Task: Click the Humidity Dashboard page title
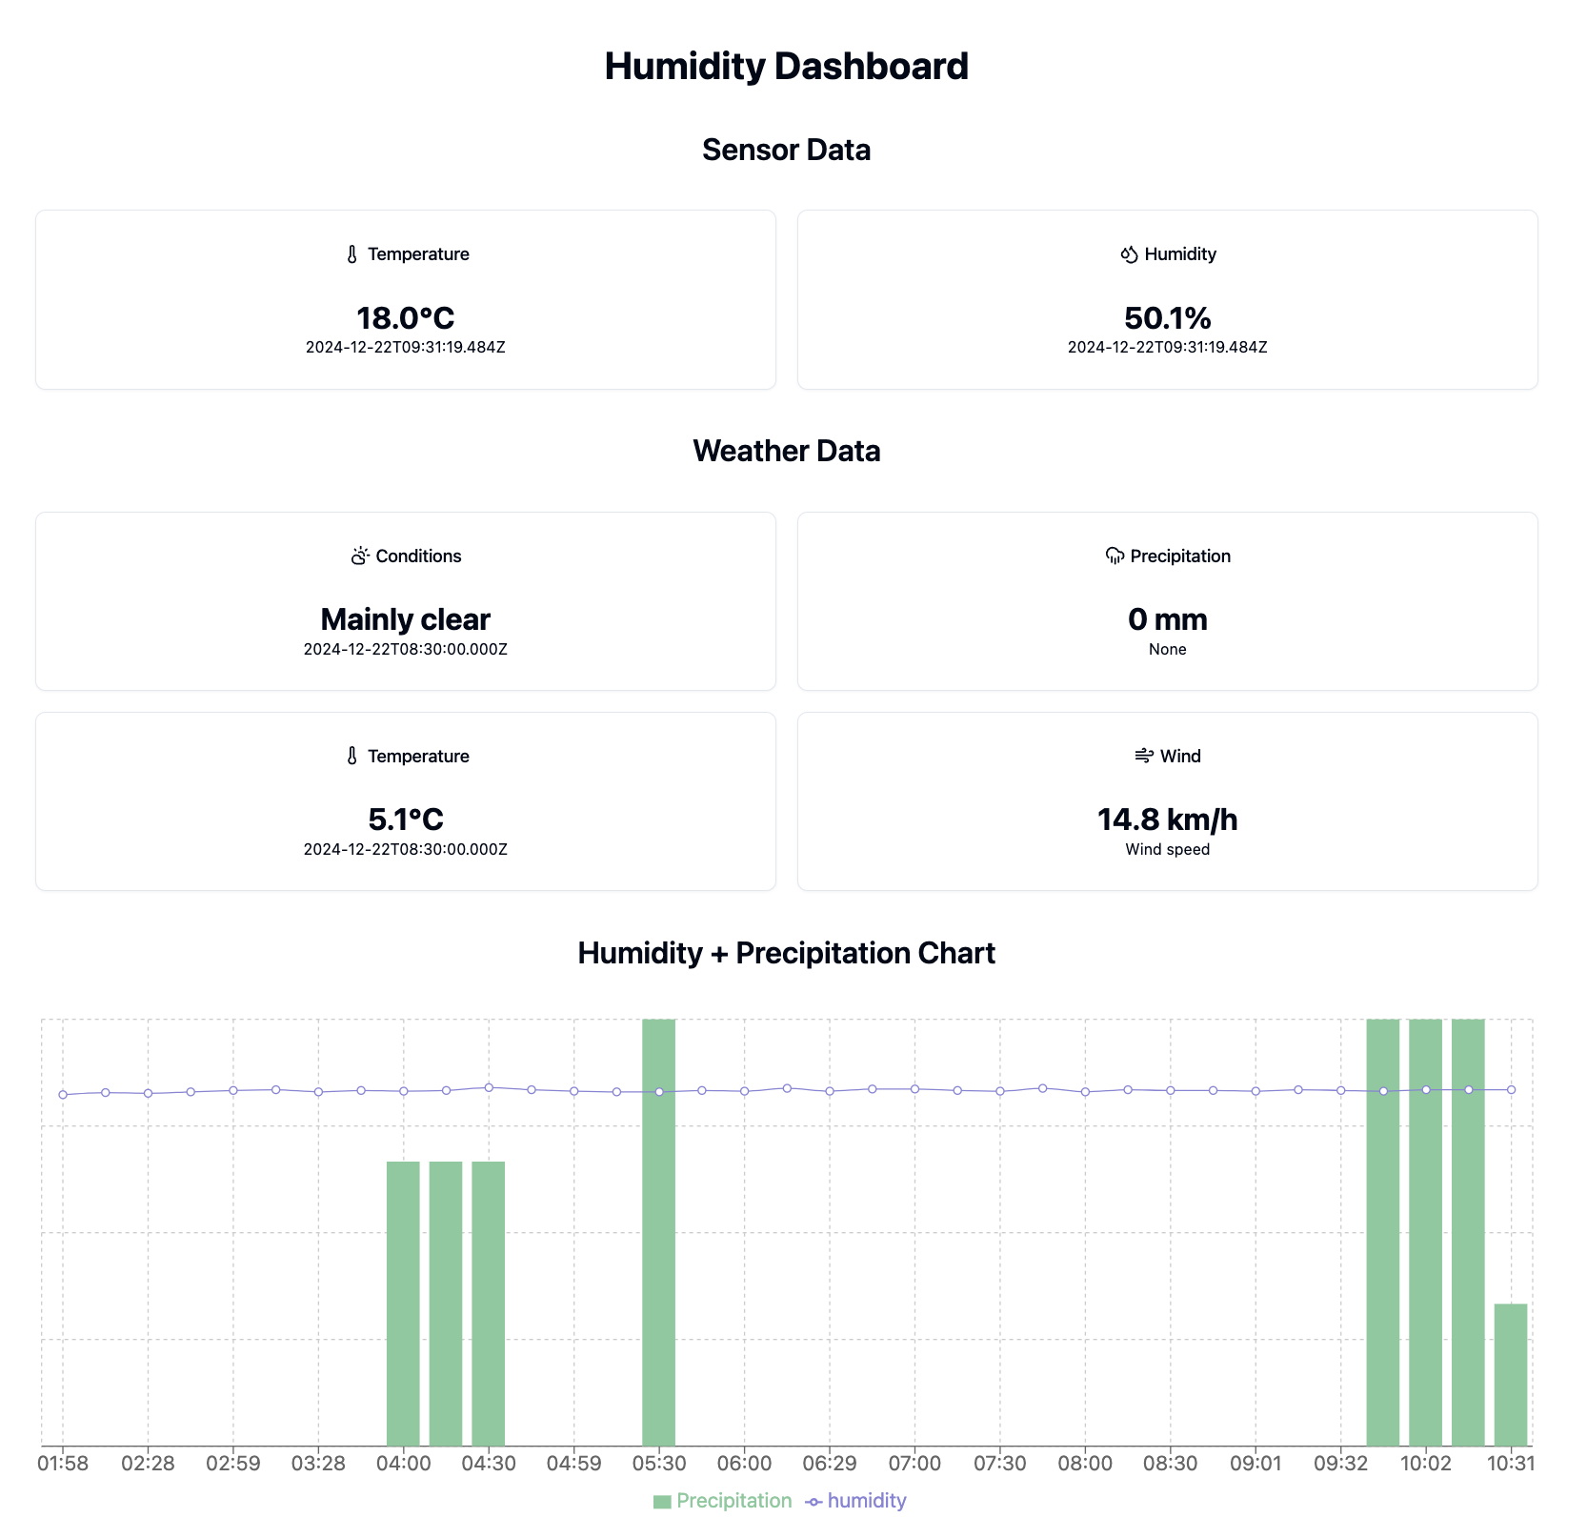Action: click(786, 67)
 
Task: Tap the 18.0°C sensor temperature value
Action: click(405, 317)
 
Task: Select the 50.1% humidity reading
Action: click(1167, 317)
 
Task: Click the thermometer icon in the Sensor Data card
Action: click(352, 254)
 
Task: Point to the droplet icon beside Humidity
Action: click(1130, 254)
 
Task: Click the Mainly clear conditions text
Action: click(405, 619)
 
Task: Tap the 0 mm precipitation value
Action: click(1167, 619)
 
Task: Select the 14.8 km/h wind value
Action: click(1167, 820)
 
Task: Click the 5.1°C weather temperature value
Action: click(405, 820)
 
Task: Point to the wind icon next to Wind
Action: click(1144, 756)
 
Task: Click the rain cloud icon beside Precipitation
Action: click(1115, 556)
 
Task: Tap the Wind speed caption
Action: click(1167, 850)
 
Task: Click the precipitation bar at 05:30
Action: click(658, 1239)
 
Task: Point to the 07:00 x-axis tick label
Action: click(914, 1463)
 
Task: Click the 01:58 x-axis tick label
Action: click(63, 1463)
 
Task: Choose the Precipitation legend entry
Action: click(723, 1501)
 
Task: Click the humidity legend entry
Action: click(856, 1501)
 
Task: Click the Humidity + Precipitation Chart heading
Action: click(786, 953)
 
